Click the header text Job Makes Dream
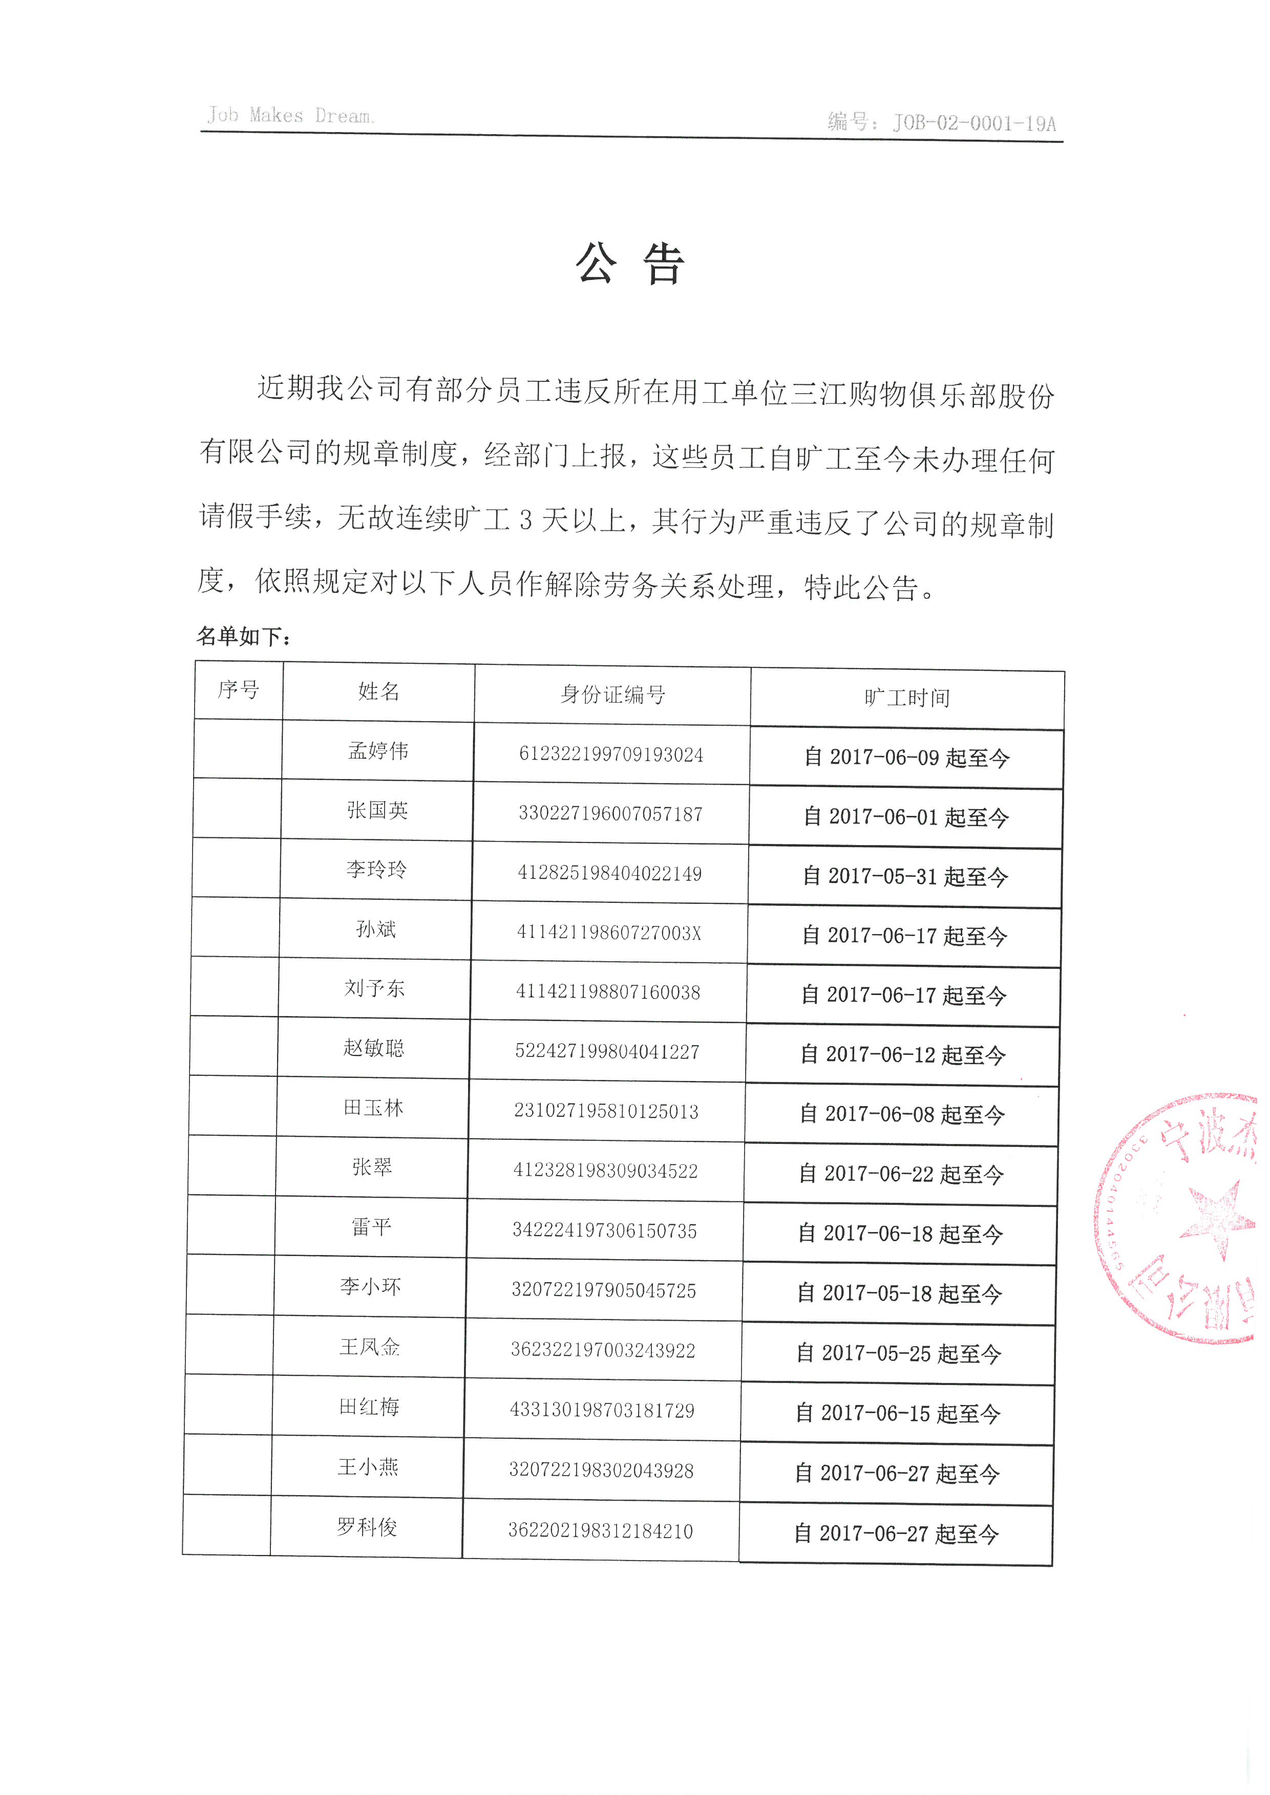(x=290, y=116)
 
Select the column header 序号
(x=239, y=689)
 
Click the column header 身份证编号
(x=612, y=694)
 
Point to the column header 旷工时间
(x=907, y=697)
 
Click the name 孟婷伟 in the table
(x=378, y=751)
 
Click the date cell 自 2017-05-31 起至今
(x=905, y=876)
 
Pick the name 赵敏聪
(x=374, y=1048)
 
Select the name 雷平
(x=371, y=1227)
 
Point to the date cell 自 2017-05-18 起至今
(x=899, y=1294)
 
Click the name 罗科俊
(x=367, y=1527)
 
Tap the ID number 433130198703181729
(x=602, y=1411)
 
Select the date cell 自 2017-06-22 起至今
(x=901, y=1174)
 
